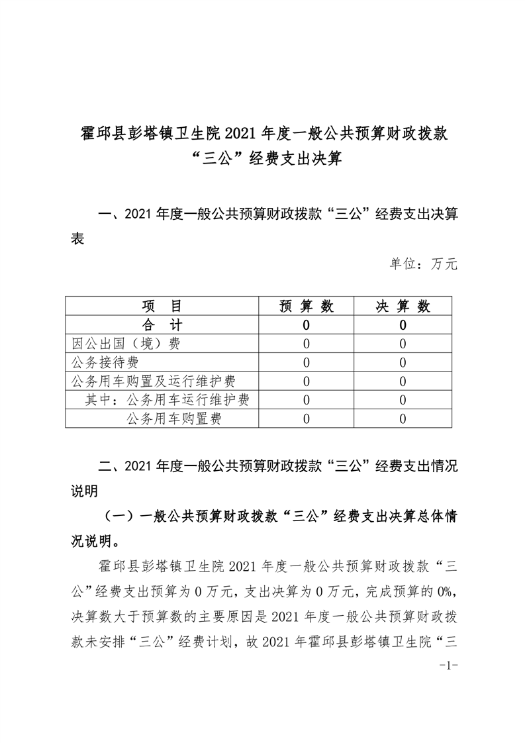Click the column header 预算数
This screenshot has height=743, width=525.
click(x=307, y=306)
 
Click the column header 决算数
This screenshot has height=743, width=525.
click(x=403, y=306)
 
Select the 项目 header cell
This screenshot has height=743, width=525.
click(x=162, y=306)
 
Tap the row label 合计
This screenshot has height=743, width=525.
click(x=162, y=325)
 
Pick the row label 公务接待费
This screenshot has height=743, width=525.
click(x=105, y=362)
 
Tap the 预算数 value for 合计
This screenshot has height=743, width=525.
click(x=307, y=325)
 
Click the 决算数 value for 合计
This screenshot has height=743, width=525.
click(x=403, y=325)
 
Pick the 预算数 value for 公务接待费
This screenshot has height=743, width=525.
click(x=307, y=362)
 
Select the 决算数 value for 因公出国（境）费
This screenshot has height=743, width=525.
click(x=403, y=344)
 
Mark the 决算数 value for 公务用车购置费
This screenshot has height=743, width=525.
click(x=403, y=419)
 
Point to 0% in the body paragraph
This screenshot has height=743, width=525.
click(x=447, y=587)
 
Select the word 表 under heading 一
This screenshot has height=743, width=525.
click(x=77, y=239)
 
